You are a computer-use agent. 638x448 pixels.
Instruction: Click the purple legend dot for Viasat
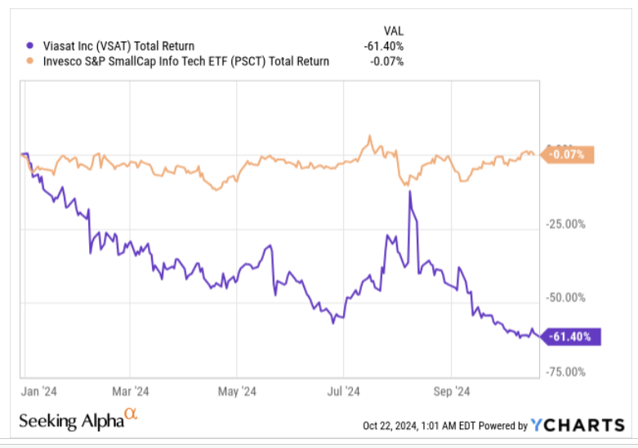(30, 47)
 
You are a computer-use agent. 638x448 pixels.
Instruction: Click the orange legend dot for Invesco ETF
(30, 61)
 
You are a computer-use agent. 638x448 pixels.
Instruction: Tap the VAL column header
(393, 30)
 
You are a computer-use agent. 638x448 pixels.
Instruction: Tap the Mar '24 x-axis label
(130, 390)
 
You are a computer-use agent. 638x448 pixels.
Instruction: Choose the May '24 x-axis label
(238, 390)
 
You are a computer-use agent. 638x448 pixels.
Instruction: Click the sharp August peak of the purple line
(410, 193)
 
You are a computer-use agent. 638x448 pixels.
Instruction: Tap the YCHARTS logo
(578, 424)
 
